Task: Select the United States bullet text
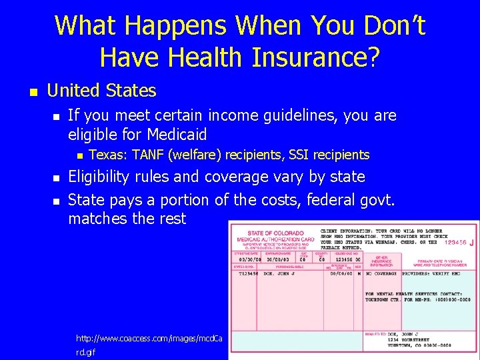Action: click(102, 91)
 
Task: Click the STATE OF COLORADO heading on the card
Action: click(271, 233)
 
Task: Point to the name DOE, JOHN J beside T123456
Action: click(279, 273)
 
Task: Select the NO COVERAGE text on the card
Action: click(380, 273)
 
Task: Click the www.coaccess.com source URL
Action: click(149, 339)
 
